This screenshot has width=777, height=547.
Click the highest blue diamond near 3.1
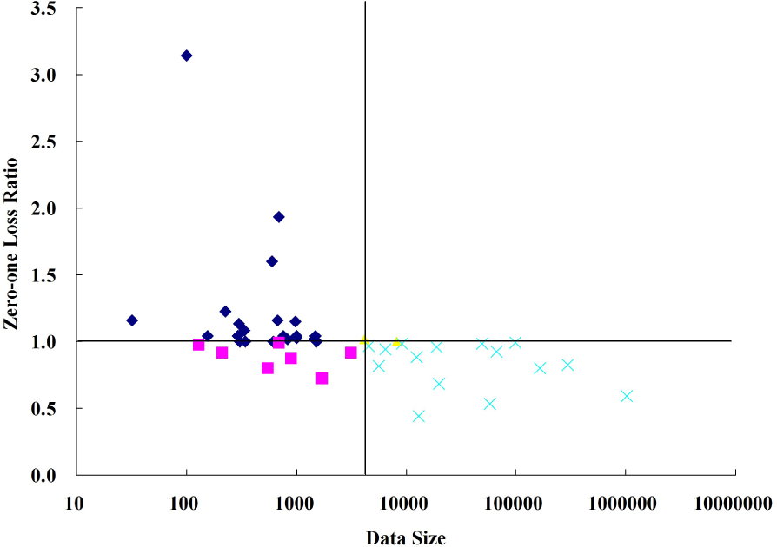pyautogui.click(x=186, y=56)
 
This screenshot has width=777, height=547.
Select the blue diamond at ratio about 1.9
pyautogui.click(x=279, y=217)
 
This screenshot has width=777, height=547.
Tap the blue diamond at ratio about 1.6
pyautogui.click(x=272, y=261)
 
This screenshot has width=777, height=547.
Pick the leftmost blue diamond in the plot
pyautogui.click(x=132, y=320)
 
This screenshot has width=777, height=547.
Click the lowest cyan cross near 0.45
pyautogui.click(x=418, y=416)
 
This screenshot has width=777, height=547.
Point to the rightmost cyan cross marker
pyautogui.click(x=626, y=396)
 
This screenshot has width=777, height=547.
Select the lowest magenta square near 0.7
pyautogui.click(x=322, y=379)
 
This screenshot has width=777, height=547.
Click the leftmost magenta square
pyautogui.click(x=198, y=345)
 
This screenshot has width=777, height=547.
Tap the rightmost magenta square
pyautogui.click(x=350, y=353)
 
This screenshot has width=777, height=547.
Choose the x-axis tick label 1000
pyautogui.click(x=296, y=502)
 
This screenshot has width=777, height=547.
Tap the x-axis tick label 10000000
pyautogui.click(x=735, y=502)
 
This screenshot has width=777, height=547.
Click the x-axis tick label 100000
pyautogui.click(x=515, y=502)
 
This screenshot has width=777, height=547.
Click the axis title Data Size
pyautogui.click(x=405, y=538)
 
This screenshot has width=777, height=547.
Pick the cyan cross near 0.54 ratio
pyautogui.click(x=489, y=404)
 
